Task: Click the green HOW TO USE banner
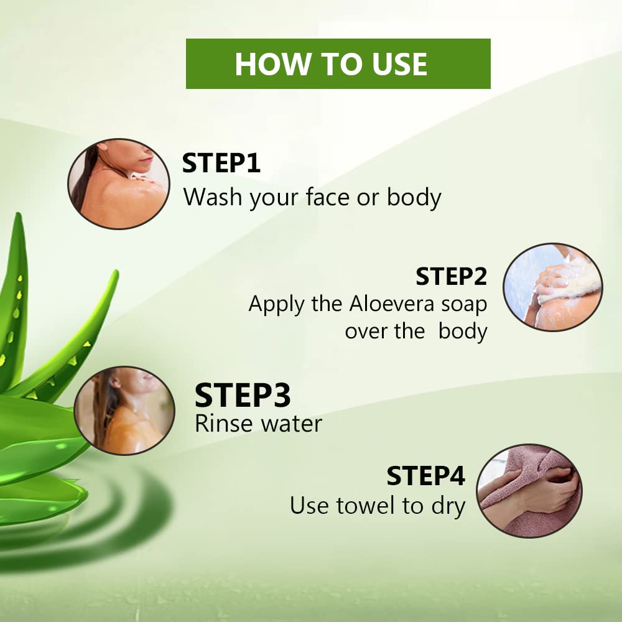pyautogui.click(x=338, y=63)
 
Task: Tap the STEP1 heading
pyautogui.click(x=221, y=163)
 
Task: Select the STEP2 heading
pyautogui.click(x=451, y=276)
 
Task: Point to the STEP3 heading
pyautogui.click(x=243, y=395)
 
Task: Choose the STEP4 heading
pyautogui.click(x=425, y=476)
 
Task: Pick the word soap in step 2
pyautogui.click(x=464, y=305)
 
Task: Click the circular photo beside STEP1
pyautogui.click(x=119, y=183)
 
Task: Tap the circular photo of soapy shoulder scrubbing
pyautogui.click(x=552, y=287)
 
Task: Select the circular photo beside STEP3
pyautogui.click(x=124, y=410)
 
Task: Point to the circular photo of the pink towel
pyautogui.click(x=529, y=491)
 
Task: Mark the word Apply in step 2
pyautogui.click(x=276, y=305)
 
